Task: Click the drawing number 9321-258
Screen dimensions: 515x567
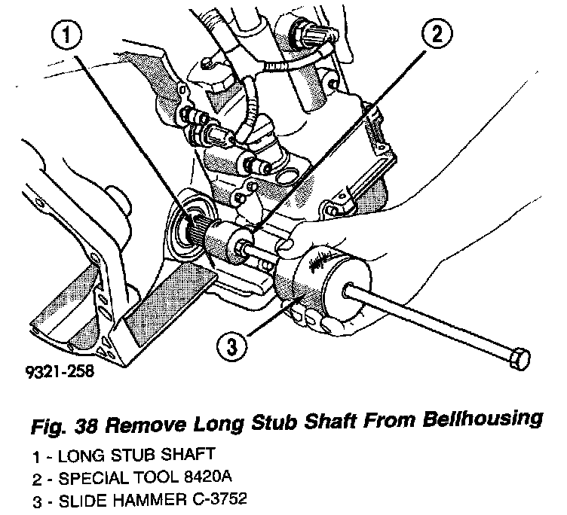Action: tap(54, 371)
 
